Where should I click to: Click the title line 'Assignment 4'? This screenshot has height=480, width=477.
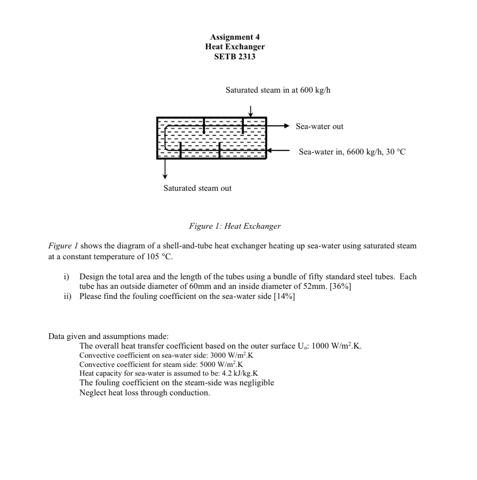coord(235,37)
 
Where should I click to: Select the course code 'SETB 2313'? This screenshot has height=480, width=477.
coord(235,56)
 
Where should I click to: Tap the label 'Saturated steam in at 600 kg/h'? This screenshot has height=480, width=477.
coord(278,90)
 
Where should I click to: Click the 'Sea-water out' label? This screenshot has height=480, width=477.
coord(319,126)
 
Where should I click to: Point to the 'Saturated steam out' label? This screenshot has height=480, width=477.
coord(197,188)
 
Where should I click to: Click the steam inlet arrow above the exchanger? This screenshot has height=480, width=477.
coord(250,111)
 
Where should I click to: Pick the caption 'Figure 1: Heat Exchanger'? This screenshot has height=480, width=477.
coord(235,226)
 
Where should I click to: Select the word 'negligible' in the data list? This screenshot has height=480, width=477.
coord(256,383)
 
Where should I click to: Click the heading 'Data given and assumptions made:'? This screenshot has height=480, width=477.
coord(109,336)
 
